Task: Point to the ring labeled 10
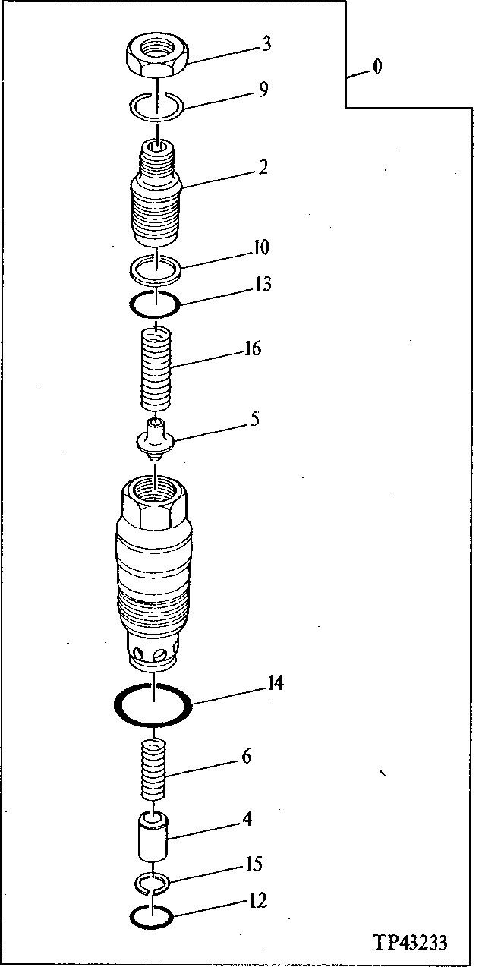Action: [156, 266]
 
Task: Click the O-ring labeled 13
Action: [155, 305]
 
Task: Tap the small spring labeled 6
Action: [155, 770]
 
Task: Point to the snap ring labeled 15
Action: [154, 882]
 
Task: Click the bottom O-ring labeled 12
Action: [152, 916]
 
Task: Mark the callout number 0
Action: [377, 68]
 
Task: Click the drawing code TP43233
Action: [409, 943]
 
